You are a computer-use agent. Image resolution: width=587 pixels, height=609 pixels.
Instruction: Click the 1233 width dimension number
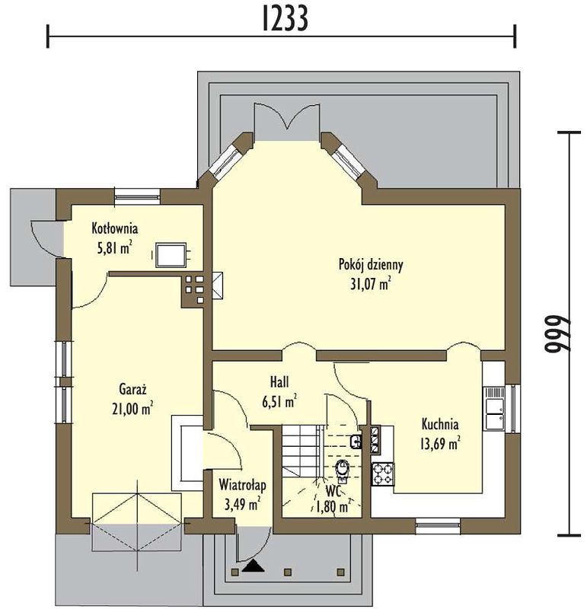[x=286, y=18]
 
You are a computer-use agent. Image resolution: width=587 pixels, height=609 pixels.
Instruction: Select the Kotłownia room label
[x=115, y=228]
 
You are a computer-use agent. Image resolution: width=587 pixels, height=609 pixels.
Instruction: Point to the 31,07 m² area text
[x=371, y=284]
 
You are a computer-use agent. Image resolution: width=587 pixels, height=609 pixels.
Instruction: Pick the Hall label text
[x=279, y=382]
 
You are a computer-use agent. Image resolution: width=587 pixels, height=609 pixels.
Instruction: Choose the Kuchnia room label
[x=440, y=424]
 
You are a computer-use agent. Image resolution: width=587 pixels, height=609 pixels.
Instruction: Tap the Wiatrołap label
[x=242, y=485]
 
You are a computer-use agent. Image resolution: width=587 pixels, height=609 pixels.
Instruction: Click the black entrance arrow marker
[x=254, y=566]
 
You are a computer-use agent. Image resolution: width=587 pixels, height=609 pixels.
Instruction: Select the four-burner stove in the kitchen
[x=383, y=474]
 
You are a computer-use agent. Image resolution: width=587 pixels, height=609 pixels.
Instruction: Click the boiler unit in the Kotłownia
[x=171, y=255]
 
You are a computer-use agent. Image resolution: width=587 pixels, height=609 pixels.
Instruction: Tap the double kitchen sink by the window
[x=493, y=408]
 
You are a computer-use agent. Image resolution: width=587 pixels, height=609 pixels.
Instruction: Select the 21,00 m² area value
[x=132, y=409]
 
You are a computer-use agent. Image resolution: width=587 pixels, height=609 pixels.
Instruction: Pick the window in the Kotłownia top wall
[x=137, y=196]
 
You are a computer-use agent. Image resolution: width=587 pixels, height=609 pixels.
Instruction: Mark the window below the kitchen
[x=438, y=525]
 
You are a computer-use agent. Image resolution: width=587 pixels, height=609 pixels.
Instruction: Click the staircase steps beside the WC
[x=302, y=451]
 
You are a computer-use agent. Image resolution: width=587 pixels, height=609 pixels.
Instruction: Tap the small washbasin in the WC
[x=356, y=442]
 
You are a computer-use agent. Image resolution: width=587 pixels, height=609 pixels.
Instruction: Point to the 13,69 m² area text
[x=440, y=444]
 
